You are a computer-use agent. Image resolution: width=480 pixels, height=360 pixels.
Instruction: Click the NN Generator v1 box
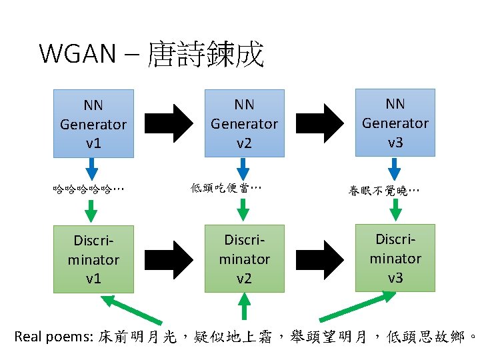click(93, 123)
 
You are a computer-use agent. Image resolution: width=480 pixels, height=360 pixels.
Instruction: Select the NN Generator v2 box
click(244, 123)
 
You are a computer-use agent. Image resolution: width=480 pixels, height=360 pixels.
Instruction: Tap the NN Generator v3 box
click(395, 123)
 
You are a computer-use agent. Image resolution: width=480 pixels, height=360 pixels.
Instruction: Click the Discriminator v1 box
click(93, 259)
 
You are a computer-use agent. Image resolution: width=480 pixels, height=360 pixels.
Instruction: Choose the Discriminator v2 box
click(244, 259)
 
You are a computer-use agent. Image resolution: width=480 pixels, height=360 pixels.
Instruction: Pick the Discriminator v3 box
click(395, 258)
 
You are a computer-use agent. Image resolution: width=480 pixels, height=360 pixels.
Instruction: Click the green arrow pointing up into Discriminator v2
click(245, 308)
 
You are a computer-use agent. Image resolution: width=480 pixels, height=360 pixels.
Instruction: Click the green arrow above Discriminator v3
click(395, 211)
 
